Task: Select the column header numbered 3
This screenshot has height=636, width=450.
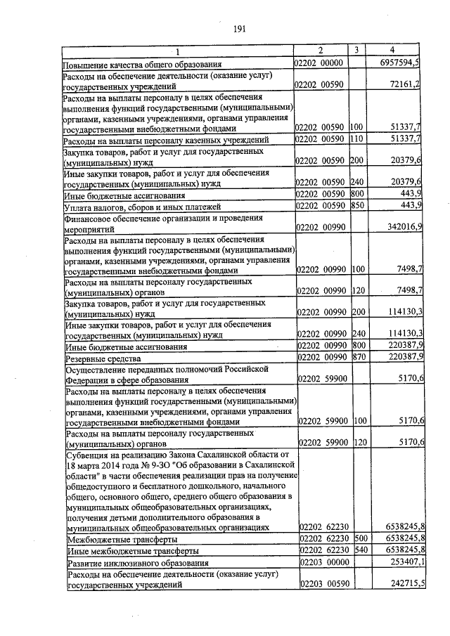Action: pyautogui.click(x=356, y=50)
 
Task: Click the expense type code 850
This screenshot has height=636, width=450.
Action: pyautogui.click(x=356, y=205)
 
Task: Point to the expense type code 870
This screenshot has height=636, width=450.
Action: pyautogui.click(x=358, y=357)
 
